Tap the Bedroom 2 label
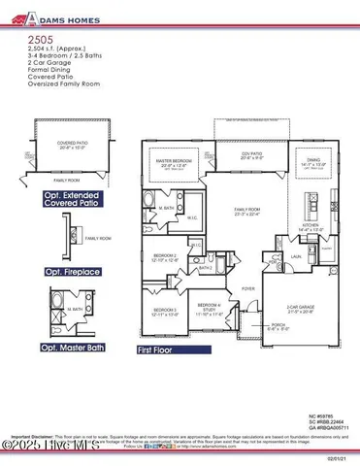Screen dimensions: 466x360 [164, 256]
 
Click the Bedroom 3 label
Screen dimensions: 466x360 [164, 310]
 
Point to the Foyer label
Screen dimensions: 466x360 [249, 288]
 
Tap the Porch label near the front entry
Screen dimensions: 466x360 [251, 324]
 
